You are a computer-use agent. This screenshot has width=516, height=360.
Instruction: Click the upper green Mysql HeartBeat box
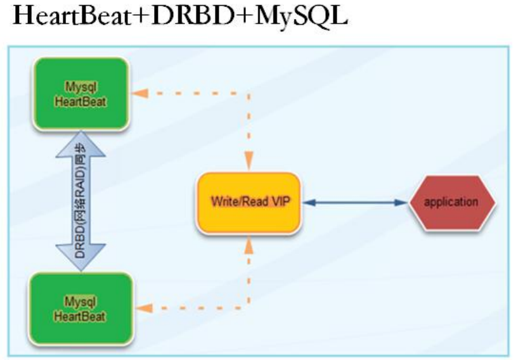click(x=82, y=94)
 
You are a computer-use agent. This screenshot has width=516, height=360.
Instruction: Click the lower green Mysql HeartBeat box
click(x=82, y=309)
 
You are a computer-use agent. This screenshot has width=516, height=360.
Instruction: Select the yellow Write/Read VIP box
click(x=248, y=203)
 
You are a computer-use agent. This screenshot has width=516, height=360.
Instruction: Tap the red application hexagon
click(x=451, y=203)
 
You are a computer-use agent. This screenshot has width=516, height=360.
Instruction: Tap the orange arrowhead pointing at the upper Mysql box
click(x=141, y=93)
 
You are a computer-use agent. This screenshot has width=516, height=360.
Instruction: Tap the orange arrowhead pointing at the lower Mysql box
click(x=145, y=309)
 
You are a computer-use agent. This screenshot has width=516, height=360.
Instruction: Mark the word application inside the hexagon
click(x=451, y=202)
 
